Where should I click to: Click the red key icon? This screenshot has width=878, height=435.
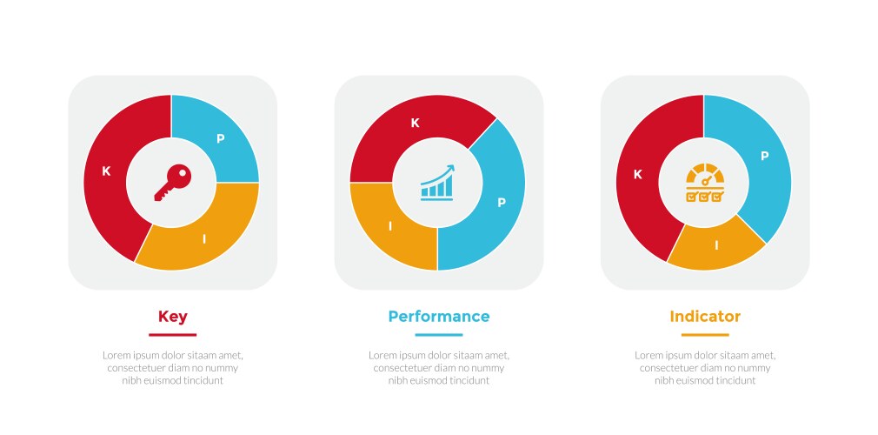click(172, 183)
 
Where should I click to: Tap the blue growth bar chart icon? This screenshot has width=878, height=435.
click(437, 183)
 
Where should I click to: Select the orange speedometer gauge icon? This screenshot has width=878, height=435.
click(705, 183)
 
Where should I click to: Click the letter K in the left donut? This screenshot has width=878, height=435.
click(106, 171)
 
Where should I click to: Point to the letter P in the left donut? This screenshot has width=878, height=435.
click(221, 139)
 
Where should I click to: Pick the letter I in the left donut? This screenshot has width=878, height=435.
click(204, 239)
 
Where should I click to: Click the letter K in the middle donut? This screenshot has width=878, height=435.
click(415, 124)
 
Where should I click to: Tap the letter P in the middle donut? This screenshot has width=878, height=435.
click(502, 203)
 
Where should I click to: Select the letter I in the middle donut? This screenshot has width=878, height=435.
click(390, 226)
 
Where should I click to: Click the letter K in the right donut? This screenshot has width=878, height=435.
click(637, 175)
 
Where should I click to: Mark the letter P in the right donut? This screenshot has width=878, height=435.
click(764, 157)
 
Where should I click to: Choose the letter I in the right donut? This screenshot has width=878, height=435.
click(716, 245)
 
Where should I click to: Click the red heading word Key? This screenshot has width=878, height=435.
click(172, 318)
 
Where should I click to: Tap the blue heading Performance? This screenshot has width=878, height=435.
click(439, 317)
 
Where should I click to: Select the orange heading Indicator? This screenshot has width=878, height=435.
click(705, 317)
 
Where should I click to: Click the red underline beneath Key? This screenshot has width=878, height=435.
click(172, 335)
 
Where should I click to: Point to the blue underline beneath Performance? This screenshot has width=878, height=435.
click(439, 335)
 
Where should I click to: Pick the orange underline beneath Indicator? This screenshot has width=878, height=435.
click(705, 335)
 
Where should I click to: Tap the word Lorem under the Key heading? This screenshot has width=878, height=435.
click(115, 356)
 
